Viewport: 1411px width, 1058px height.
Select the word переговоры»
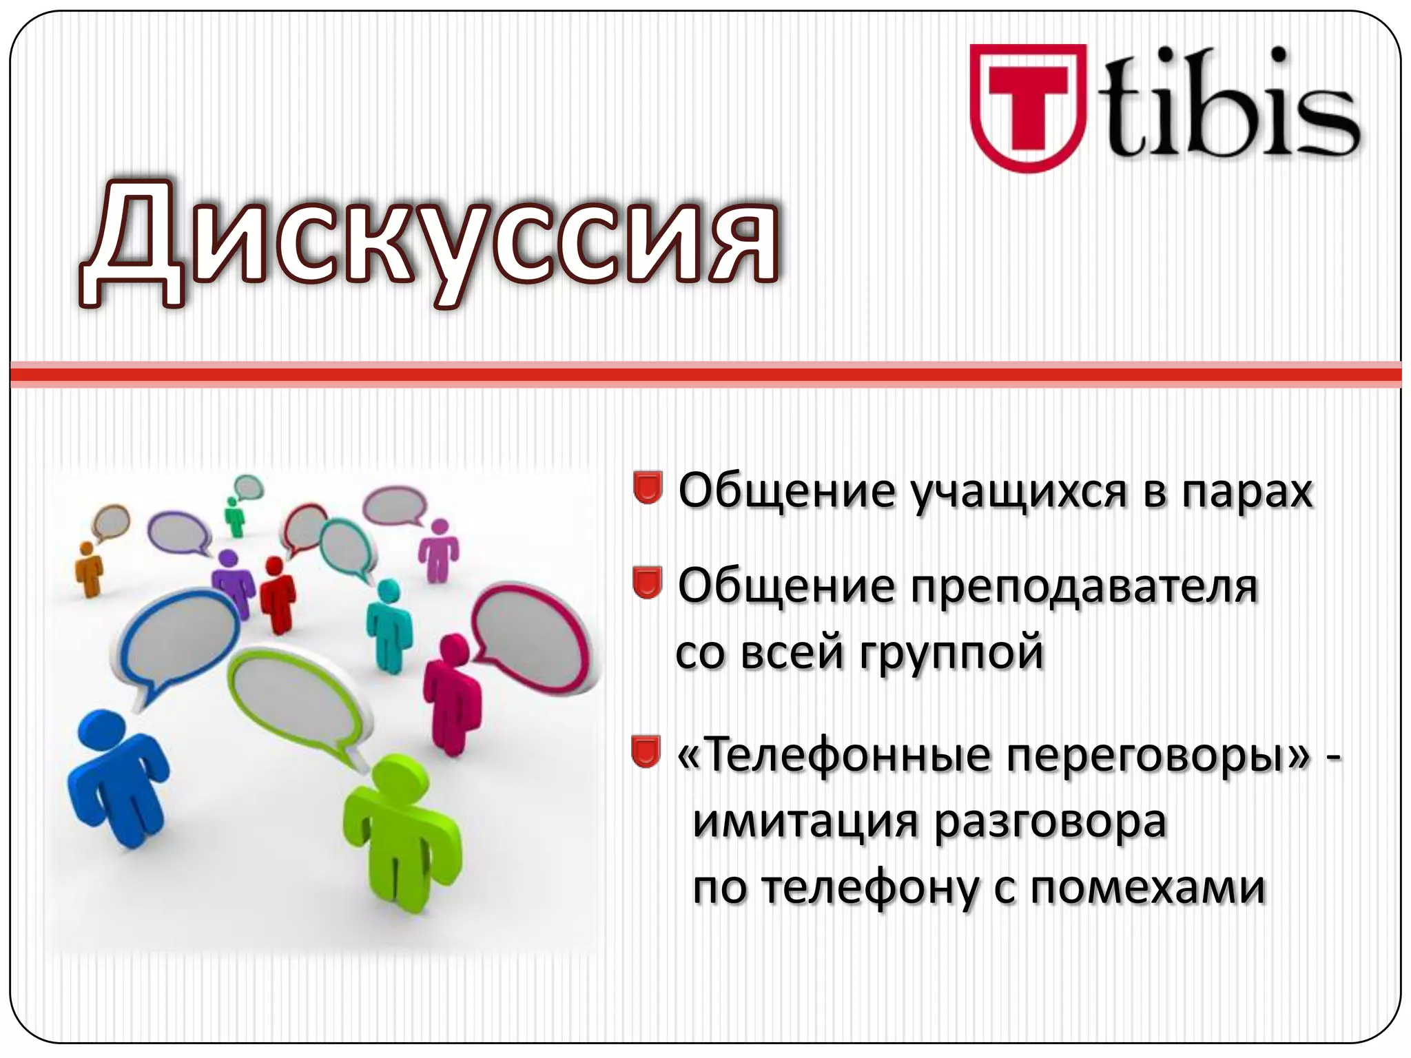(1157, 756)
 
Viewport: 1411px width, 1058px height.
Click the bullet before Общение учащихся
(647, 488)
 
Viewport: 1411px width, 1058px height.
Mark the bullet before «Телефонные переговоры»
(646, 751)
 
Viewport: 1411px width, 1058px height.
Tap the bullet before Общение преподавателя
(647, 583)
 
